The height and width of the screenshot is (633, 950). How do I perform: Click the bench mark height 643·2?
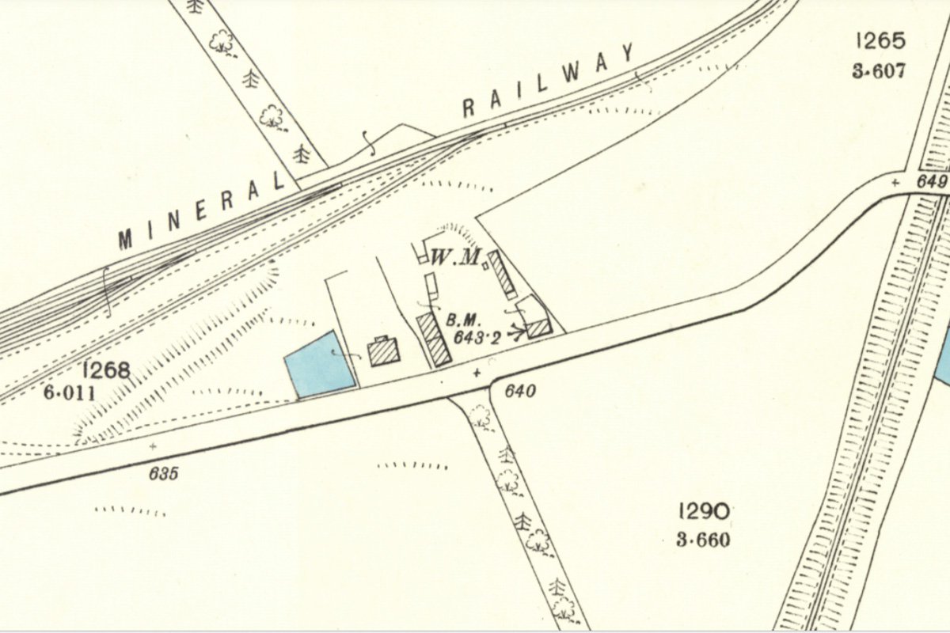(477, 337)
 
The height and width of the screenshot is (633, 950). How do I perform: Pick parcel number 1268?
(104, 370)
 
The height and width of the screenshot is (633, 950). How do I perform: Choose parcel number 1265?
(879, 40)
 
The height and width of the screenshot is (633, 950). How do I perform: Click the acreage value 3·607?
(878, 71)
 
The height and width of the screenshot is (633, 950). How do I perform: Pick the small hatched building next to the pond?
(384, 351)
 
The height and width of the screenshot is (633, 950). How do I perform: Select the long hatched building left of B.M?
(434, 339)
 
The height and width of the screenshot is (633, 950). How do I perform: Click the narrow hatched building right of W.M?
(502, 274)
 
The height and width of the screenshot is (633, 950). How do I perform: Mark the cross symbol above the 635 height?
(152, 447)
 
